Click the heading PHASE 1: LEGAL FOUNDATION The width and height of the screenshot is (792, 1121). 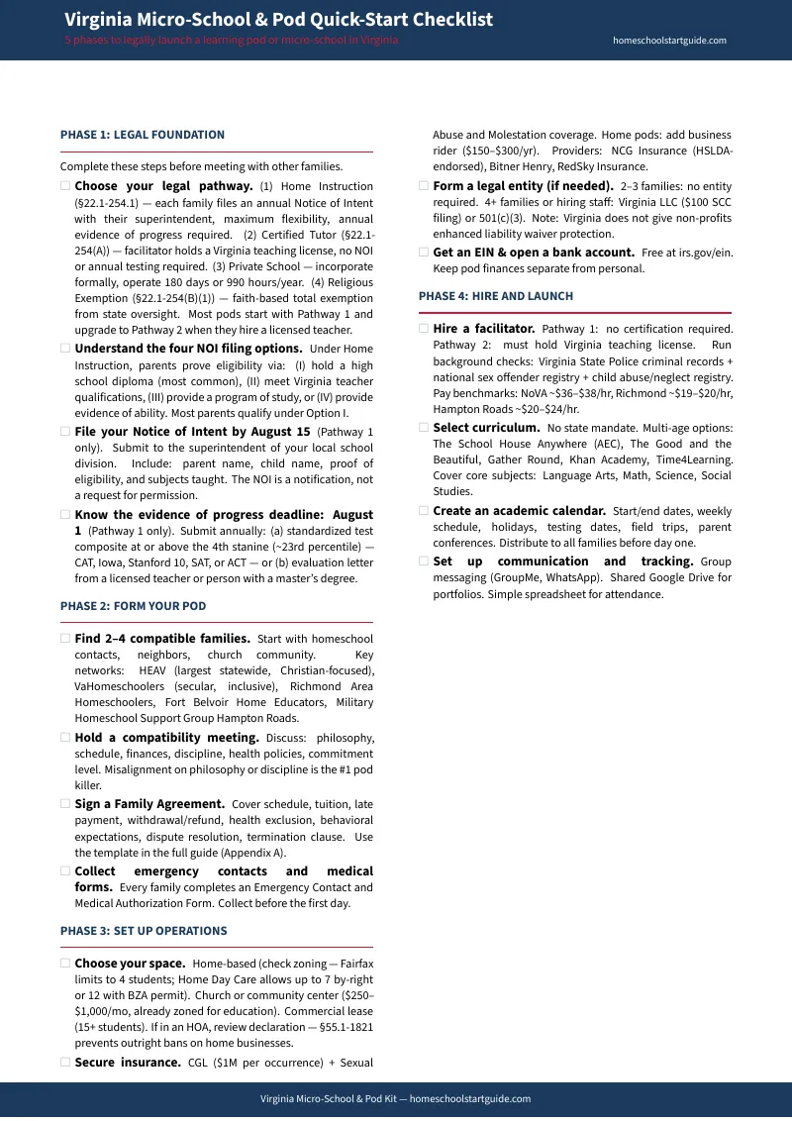(143, 135)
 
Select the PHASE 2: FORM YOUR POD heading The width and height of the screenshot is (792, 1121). (133, 606)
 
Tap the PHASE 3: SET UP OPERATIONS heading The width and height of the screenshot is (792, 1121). (144, 931)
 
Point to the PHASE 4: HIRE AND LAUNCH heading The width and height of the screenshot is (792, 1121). (496, 296)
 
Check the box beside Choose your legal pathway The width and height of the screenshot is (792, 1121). (65, 186)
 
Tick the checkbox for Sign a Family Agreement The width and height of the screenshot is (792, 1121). (65, 804)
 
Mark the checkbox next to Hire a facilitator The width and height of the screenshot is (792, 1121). (424, 328)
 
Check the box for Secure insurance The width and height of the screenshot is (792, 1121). (65, 1063)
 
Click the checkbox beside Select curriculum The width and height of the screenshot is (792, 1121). (424, 428)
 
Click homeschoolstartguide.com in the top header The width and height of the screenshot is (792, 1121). (670, 41)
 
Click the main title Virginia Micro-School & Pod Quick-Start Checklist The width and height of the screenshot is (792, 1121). (278, 20)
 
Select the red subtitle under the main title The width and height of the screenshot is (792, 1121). (232, 41)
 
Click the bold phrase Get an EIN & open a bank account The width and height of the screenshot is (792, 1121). (534, 253)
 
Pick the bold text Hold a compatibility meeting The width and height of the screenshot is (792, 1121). (166, 738)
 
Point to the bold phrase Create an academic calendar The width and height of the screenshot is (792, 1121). (519, 511)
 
